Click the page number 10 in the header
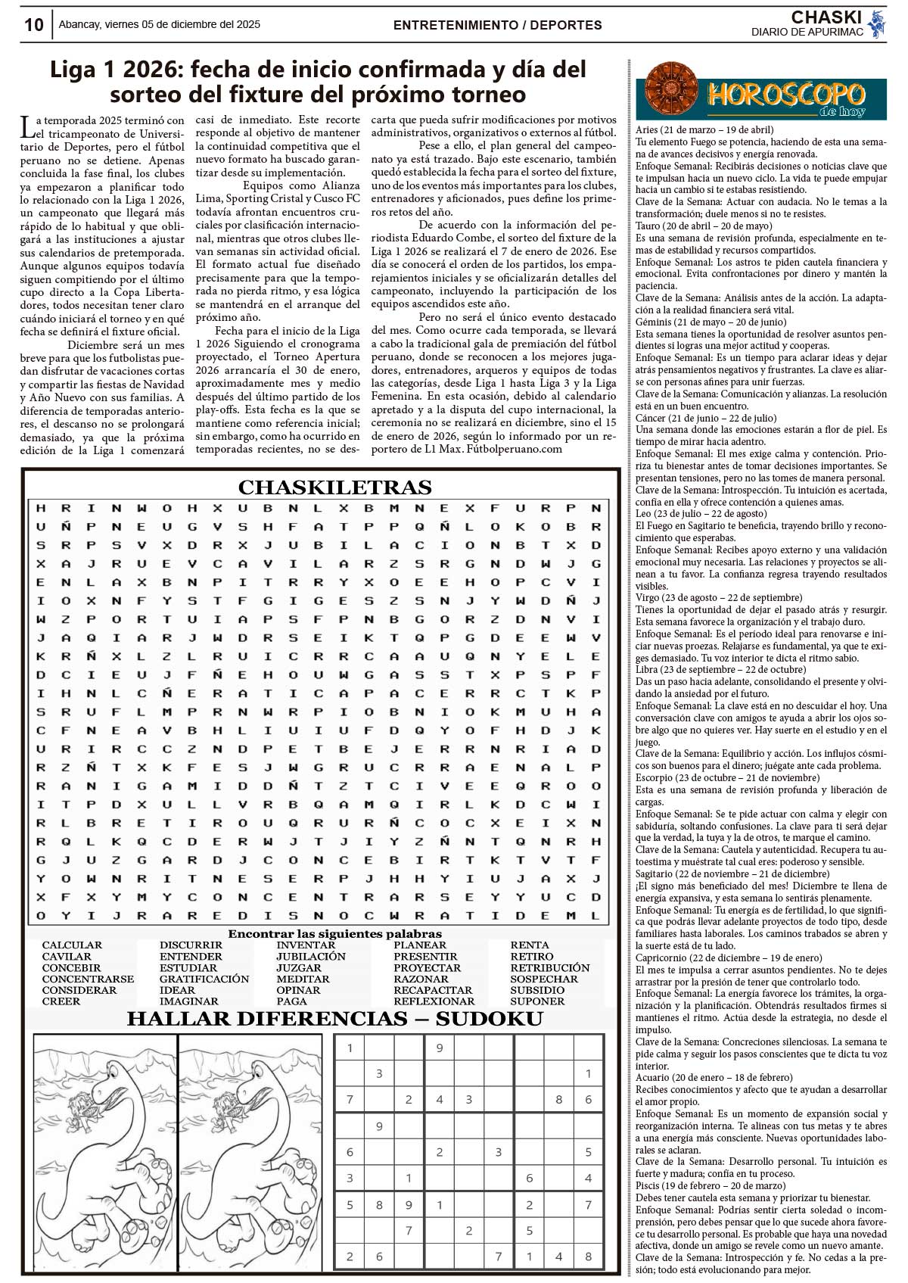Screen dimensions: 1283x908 34,25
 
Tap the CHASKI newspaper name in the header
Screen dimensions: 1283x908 826,17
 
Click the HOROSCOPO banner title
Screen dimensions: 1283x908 786,95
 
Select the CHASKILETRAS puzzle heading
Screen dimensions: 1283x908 334,487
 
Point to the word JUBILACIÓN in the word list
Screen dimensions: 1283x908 310,956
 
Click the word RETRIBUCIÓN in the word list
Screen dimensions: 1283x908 549,967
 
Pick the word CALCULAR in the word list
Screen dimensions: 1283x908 72,945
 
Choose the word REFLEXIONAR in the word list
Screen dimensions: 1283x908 433,1001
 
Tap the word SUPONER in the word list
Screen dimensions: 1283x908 537,1001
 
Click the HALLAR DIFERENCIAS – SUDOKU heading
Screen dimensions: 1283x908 334,1019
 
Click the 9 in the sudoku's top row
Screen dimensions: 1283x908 439,1048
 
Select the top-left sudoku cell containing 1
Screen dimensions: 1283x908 350,1048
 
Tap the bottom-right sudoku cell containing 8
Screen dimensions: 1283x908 588,1257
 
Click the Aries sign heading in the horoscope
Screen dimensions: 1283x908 704,130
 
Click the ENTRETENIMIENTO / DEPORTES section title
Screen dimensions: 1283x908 497,25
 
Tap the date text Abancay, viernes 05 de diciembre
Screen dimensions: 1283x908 159,24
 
